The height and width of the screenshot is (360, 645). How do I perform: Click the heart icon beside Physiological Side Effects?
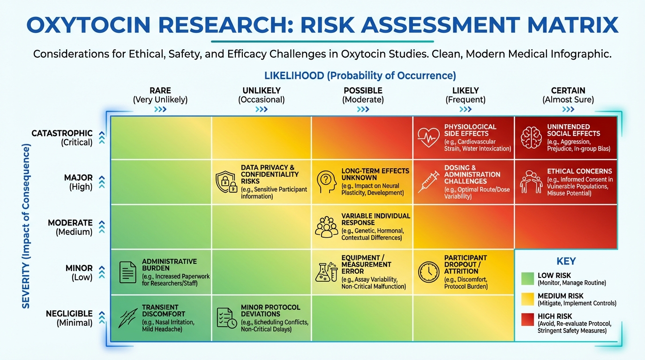click(x=428, y=137)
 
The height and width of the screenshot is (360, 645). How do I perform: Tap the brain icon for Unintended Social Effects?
click(x=531, y=137)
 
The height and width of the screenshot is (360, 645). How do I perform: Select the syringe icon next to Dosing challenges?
click(x=428, y=182)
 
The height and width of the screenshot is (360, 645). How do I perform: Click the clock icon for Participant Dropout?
click(x=428, y=272)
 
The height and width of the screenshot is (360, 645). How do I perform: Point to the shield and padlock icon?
click(x=226, y=182)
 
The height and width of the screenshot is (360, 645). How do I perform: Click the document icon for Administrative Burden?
click(x=127, y=272)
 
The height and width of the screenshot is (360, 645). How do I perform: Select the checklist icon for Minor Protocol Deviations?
click(x=226, y=317)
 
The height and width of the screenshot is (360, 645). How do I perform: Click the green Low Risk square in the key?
click(x=528, y=278)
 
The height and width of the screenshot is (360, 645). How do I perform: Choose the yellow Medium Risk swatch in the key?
click(x=528, y=299)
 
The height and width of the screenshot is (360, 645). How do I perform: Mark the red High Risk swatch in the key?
click(x=528, y=320)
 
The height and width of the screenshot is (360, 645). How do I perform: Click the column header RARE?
click(x=160, y=90)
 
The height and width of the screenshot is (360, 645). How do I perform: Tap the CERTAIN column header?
click(x=568, y=90)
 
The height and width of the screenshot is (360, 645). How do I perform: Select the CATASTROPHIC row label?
click(x=62, y=133)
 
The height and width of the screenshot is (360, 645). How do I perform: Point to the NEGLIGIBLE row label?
click(x=69, y=314)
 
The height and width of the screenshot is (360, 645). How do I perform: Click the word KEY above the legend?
click(x=566, y=262)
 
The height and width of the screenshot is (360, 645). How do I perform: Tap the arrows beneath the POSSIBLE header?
click(x=363, y=110)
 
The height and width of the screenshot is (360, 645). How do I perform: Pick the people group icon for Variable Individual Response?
click(x=327, y=227)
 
